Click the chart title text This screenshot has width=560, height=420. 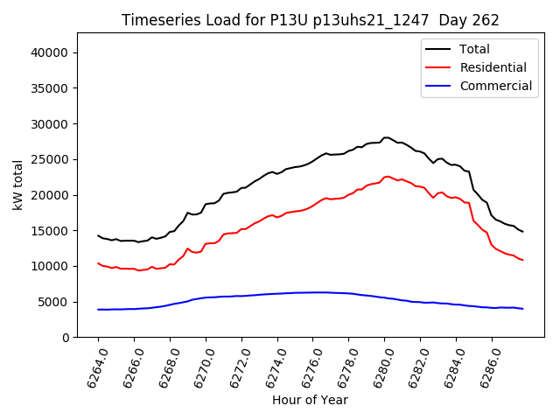pyautogui.click(x=316, y=20)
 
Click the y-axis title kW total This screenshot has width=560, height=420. pyautogui.click(x=18, y=185)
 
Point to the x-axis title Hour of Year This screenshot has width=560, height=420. pyautogui.click(x=310, y=400)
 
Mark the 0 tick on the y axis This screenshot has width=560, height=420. pyautogui.click(x=66, y=338)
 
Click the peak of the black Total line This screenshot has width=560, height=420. pyautogui.click(x=386, y=137)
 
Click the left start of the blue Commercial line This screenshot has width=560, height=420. pyautogui.click(x=98, y=310)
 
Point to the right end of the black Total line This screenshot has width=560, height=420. pyautogui.click(x=522, y=232)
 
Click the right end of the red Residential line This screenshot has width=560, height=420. pyautogui.click(x=522, y=260)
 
